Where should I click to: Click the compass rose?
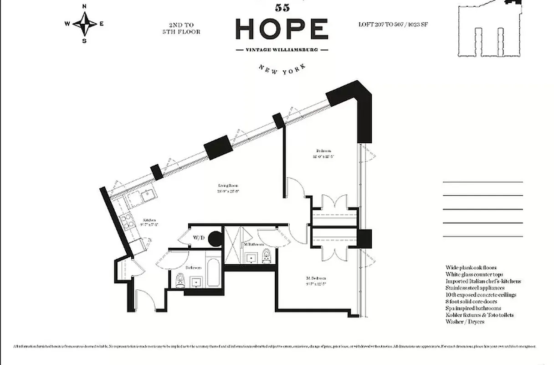point(85,23)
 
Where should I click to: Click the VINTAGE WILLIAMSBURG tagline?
point(282,50)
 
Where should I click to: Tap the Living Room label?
point(228,188)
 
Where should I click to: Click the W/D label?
point(199,238)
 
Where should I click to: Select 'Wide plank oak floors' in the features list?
point(471,268)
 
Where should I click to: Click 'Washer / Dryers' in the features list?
point(465,322)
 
